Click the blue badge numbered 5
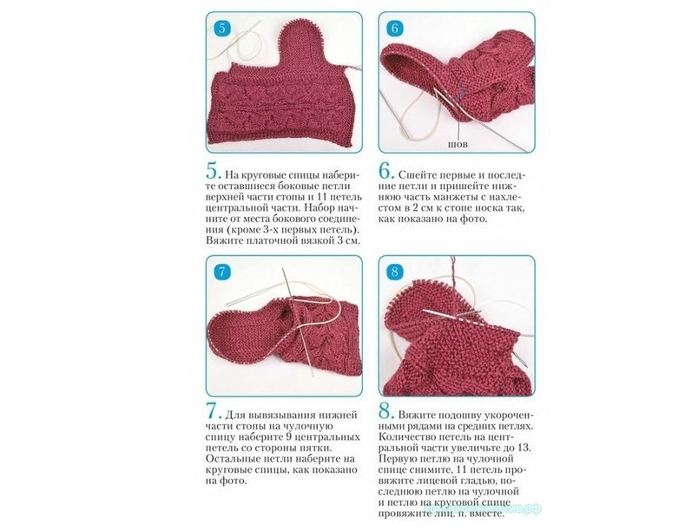(x=222, y=29)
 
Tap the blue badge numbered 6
(x=394, y=29)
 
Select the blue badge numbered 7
(x=222, y=272)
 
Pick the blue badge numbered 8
(x=394, y=272)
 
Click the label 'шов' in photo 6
(x=458, y=144)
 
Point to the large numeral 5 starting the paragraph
(x=214, y=172)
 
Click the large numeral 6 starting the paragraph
(x=386, y=172)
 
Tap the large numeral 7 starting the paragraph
(x=214, y=411)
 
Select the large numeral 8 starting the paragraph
(x=386, y=411)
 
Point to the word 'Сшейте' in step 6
(x=419, y=175)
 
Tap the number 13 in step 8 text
(x=523, y=448)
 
